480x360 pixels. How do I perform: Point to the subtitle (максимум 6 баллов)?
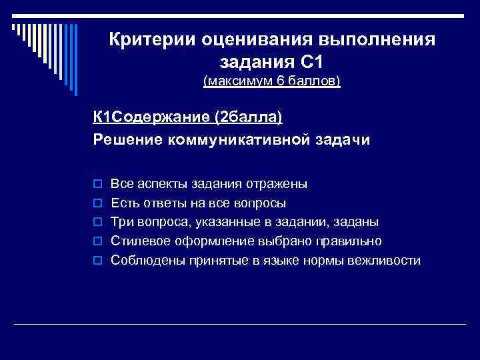click(272, 82)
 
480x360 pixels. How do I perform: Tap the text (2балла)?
click(248, 117)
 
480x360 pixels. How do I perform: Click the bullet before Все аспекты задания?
click(97, 183)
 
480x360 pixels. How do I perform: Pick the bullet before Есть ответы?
click(97, 203)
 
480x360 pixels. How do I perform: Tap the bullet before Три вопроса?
click(97, 222)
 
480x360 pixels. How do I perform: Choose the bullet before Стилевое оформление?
click(97, 241)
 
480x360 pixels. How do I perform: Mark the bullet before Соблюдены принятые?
click(97, 261)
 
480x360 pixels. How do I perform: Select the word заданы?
click(358, 222)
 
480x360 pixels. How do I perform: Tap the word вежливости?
click(387, 261)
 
